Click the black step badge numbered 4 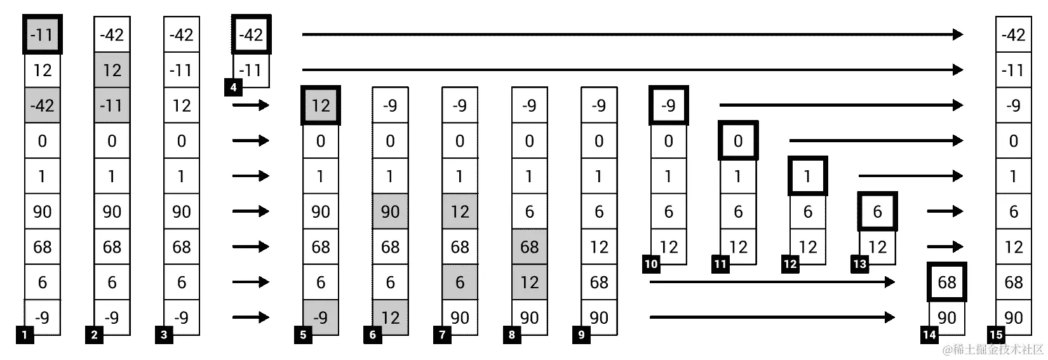tap(233, 88)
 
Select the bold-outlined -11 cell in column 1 tap(43, 34)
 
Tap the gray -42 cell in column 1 tap(43, 105)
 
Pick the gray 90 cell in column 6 tap(390, 211)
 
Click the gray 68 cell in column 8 tap(529, 247)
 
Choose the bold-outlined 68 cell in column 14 tap(946, 282)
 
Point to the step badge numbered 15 tap(996, 335)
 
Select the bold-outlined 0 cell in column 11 tap(738, 140)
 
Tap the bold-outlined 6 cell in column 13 tap(877, 211)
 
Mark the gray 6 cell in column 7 tap(460, 283)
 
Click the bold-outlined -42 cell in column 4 tap(251, 34)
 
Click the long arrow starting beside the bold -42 tap(632, 34)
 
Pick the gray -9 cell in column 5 tap(321, 317)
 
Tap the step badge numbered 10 tap(651, 264)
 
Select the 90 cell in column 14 tap(946, 317)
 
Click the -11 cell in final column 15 tap(1013, 70)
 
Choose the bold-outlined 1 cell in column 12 tap(807, 176)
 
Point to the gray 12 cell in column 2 tap(112, 70)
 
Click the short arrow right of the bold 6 tap(944, 211)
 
